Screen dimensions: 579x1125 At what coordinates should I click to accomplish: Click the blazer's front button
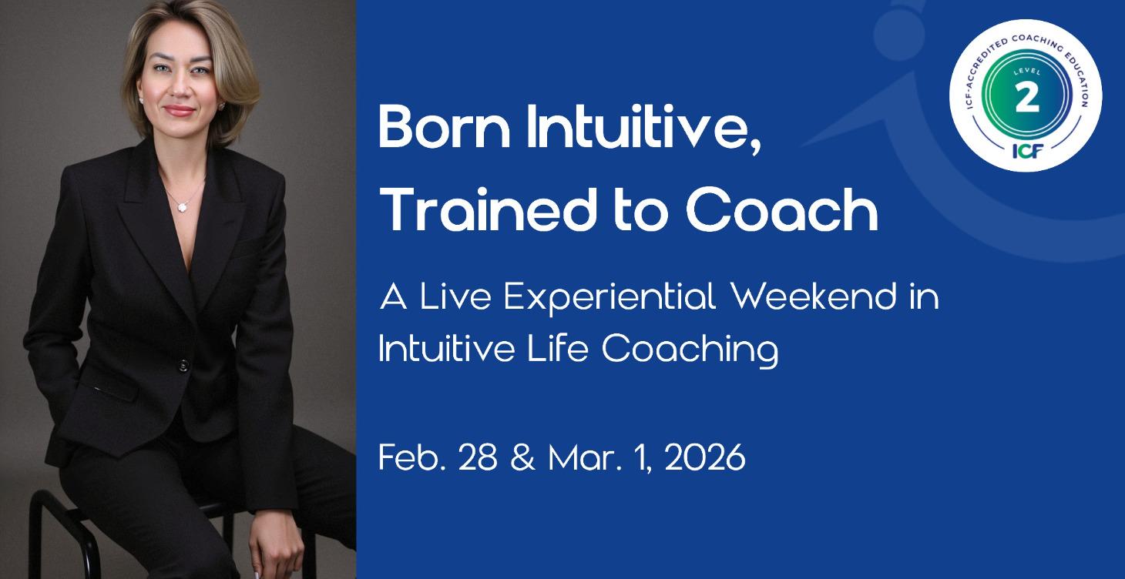click(183, 364)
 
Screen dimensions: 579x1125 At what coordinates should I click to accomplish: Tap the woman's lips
click(180, 111)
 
